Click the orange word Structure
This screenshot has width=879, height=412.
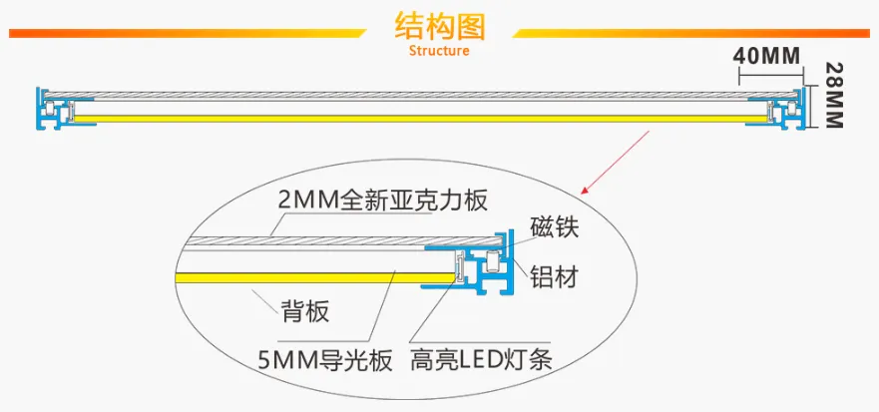tap(439, 51)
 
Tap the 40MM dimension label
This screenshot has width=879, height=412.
tap(766, 55)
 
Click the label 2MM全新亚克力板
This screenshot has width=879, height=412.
tap(382, 201)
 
